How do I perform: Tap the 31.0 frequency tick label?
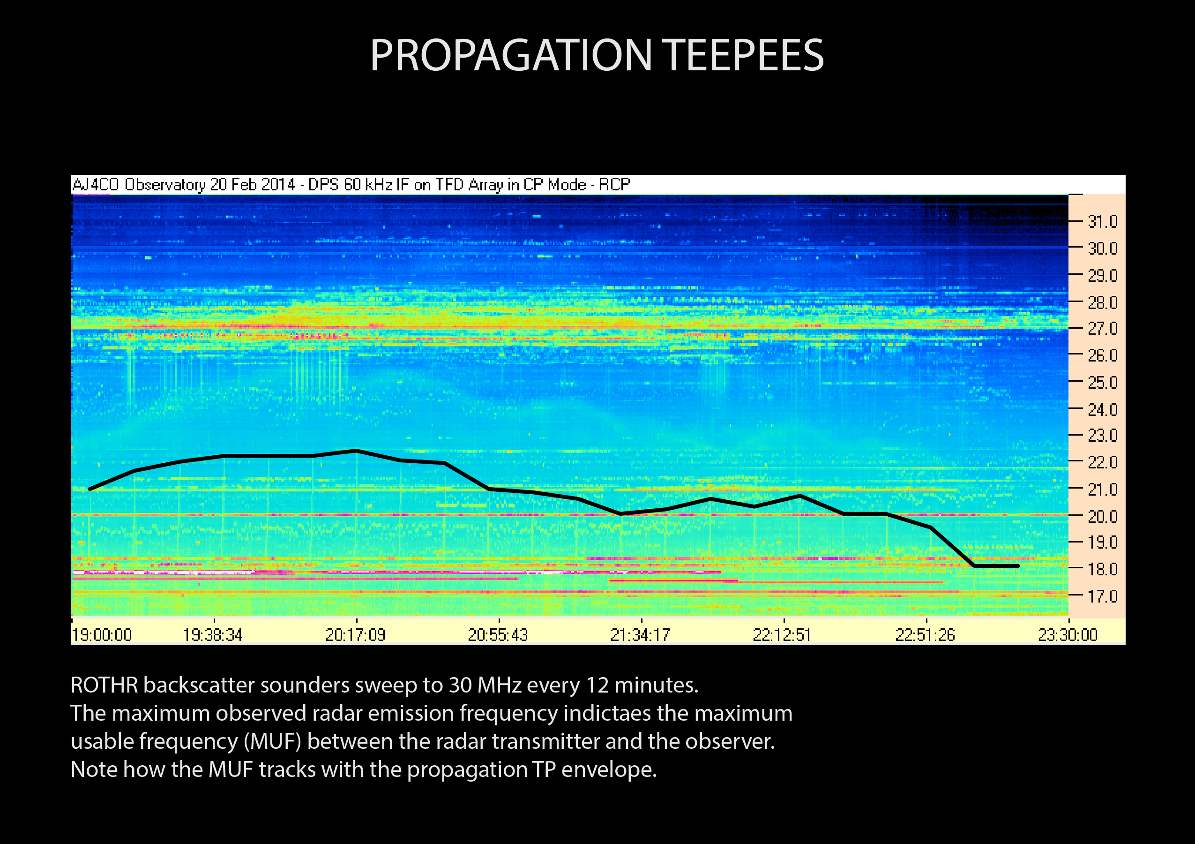1102,222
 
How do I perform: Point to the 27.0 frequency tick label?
1102,329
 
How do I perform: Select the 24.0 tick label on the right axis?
1102,410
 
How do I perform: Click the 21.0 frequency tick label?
1102,490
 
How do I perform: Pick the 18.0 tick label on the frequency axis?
1102,569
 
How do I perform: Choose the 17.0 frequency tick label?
1102,596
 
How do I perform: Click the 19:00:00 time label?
102,635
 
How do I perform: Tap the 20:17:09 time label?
356,635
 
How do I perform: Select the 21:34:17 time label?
640,635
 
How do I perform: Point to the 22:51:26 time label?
925,635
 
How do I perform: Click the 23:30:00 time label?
1068,635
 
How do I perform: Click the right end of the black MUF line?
1017,565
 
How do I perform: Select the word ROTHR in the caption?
104,685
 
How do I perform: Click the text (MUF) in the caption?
272,741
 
